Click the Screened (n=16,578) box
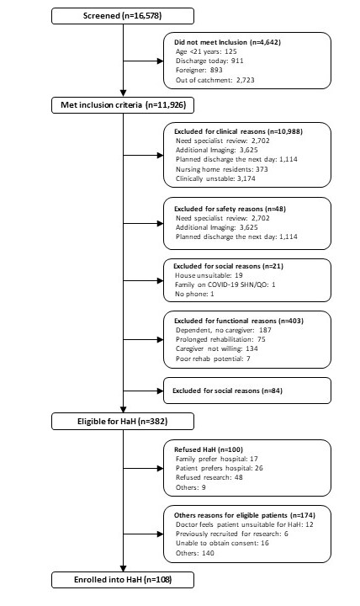click(123, 16)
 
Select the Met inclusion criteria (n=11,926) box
click(123, 104)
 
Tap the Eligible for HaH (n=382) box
click(123, 422)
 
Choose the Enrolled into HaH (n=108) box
click(123, 580)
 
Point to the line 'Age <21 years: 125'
click(206, 51)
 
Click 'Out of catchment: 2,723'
click(215, 80)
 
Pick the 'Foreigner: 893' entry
click(199, 70)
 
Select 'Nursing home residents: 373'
click(222, 169)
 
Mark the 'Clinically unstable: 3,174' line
click(215, 178)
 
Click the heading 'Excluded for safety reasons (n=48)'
click(230, 209)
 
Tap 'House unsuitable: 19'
click(209, 275)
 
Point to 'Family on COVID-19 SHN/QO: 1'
click(225, 284)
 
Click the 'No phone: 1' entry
click(194, 294)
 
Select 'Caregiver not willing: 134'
click(217, 348)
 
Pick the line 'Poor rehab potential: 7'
click(213, 359)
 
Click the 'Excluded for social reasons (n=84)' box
click(247, 391)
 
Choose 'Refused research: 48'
click(209, 477)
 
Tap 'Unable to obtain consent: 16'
click(222, 543)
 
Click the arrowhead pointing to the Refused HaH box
click(160, 469)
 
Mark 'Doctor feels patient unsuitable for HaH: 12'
click(245, 524)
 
